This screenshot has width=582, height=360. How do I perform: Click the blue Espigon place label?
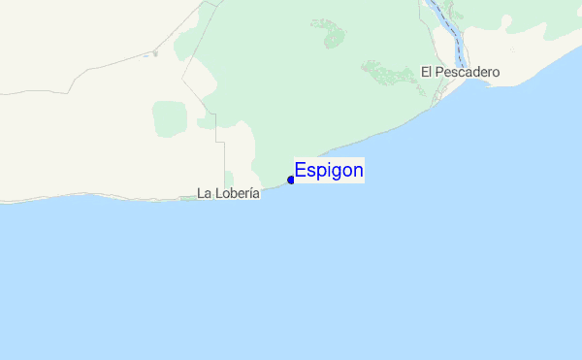click(329, 171)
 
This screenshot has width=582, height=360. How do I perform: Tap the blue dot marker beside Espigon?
click(291, 180)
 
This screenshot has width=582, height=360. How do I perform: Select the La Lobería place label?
click(228, 193)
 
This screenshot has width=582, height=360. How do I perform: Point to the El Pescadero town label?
click(460, 72)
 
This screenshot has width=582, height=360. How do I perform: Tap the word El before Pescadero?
click(426, 72)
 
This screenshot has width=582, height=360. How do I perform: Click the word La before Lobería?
click(204, 193)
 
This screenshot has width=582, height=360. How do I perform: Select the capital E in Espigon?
click(301, 171)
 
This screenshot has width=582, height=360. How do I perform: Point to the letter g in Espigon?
click(335, 173)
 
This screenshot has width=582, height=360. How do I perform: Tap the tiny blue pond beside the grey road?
click(154, 54)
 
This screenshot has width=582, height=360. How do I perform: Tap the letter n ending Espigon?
click(358, 171)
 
